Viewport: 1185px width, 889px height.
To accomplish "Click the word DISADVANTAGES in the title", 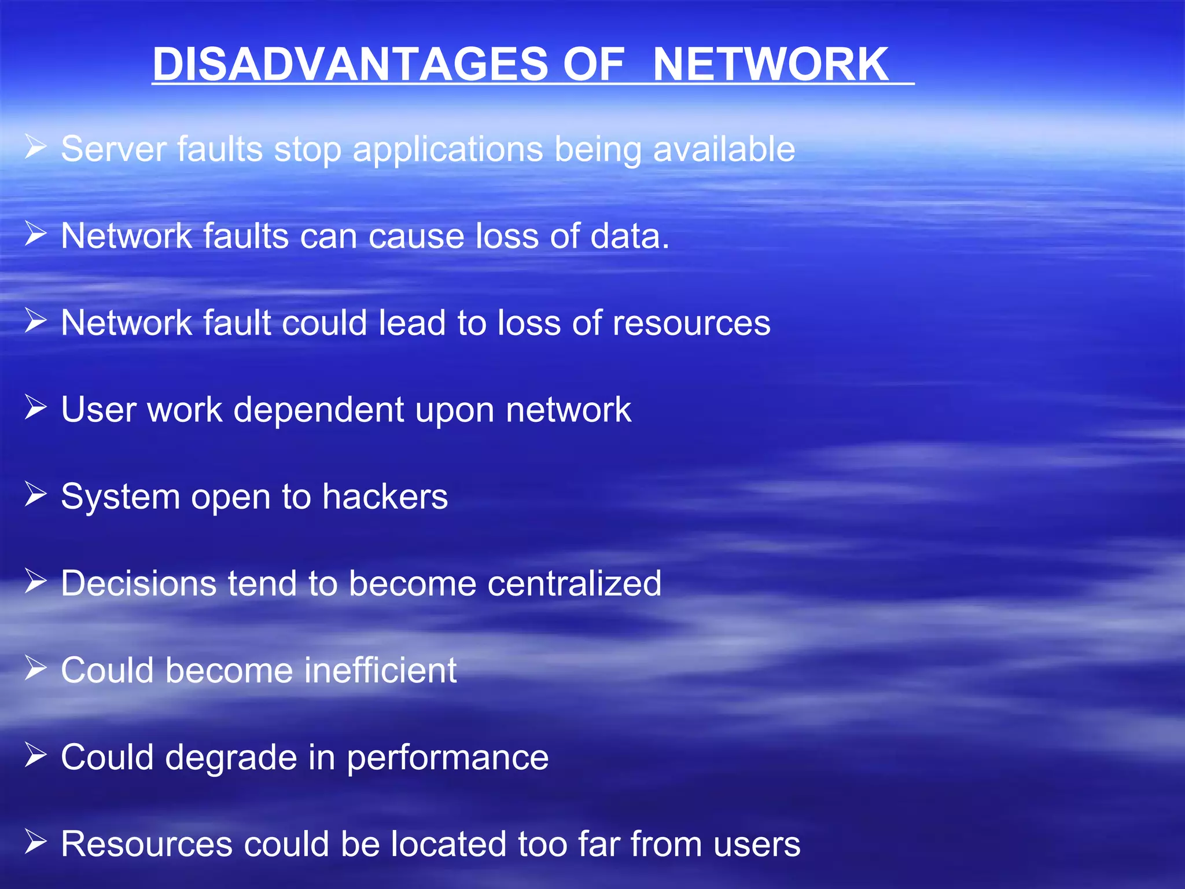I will (x=349, y=64).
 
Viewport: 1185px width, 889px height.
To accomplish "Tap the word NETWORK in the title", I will (x=770, y=64).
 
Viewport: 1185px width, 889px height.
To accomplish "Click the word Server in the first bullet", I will (x=113, y=149).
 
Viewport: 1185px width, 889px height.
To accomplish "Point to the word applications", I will (x=448, y=150).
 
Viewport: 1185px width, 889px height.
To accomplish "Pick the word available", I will (x=724, y=149).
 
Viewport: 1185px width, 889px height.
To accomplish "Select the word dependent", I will (x=319, y=410).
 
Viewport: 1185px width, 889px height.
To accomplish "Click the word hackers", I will (x=385, y=497).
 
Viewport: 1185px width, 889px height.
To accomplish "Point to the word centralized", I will (x=574, y=583).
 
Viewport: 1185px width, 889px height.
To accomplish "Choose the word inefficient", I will (x=380, y=670).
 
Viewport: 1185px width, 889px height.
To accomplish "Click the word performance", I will (x=447, y=758).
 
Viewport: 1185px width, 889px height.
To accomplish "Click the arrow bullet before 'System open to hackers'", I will (x=35, y=494).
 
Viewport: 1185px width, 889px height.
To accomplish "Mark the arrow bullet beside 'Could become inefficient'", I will (x=35, y=668).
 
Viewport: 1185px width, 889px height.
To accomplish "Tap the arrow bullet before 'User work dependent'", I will (x=35, y=407).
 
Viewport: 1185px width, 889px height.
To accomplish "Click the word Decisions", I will (x=139, y=583).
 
